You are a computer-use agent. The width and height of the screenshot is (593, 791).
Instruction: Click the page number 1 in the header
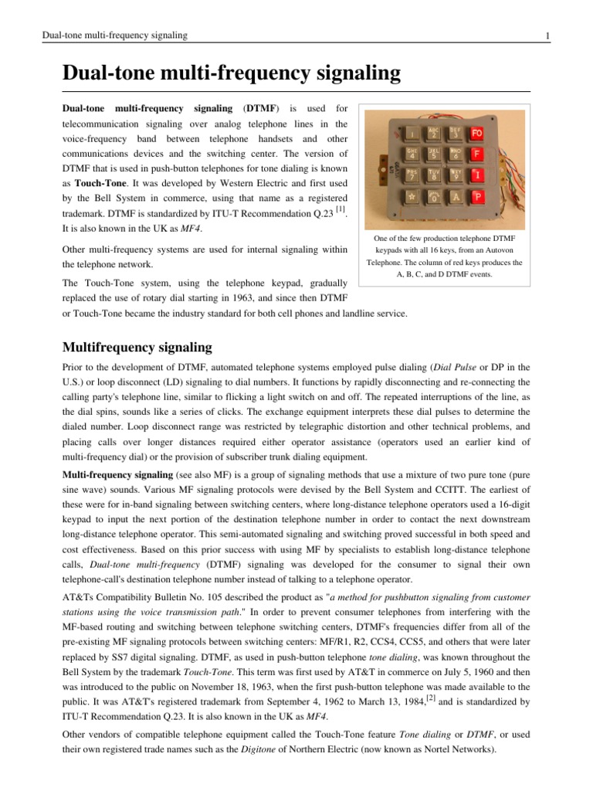547,36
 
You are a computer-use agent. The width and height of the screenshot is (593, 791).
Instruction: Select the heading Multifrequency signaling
137,347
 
